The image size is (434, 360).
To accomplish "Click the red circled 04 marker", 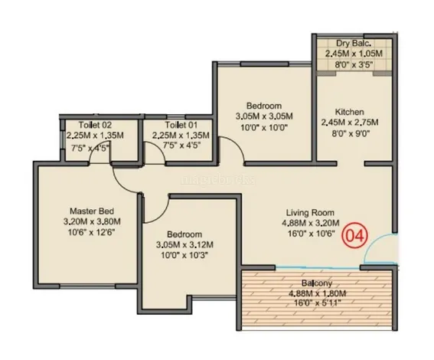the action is pyautogui.click(x=355, y=236).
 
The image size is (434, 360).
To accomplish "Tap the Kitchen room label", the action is pyautogui.click(x=350, y=112).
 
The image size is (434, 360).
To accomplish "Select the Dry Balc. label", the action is pyautogui.click(x=354, y=43).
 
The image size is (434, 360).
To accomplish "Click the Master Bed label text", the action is pyautogui.click(x=92, y=211).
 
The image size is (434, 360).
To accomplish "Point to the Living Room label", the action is pyautogui.click(x=310, y=213).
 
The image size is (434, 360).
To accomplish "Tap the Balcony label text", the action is pyautogui.click(x=317, y=283).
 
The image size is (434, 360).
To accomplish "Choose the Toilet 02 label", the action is pyautogui.click(x=95, y=125).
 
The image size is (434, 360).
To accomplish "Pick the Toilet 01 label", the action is pyautogui.click(x=181, y=125).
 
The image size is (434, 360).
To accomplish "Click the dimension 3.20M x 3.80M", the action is pyautogui.click(x=92, y=221).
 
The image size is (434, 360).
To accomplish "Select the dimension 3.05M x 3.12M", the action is pyautogui.click(x=184, y=245).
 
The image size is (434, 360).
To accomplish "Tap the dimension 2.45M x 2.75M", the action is pyautogui.click(x=350, y=123).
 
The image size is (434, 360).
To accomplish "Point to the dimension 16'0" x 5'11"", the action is pyautogui.click(x=318, y=303).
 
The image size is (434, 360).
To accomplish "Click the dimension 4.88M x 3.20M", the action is pyautogui.click(x=310, y=223).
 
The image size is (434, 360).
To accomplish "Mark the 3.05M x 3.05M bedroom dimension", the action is pyautogui.click(x=264, y=116).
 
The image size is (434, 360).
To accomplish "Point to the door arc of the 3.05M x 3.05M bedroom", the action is pyautogui.click(x=236, y=143).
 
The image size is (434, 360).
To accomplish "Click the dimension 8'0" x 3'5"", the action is pyautogui.click(x=354, y=65).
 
